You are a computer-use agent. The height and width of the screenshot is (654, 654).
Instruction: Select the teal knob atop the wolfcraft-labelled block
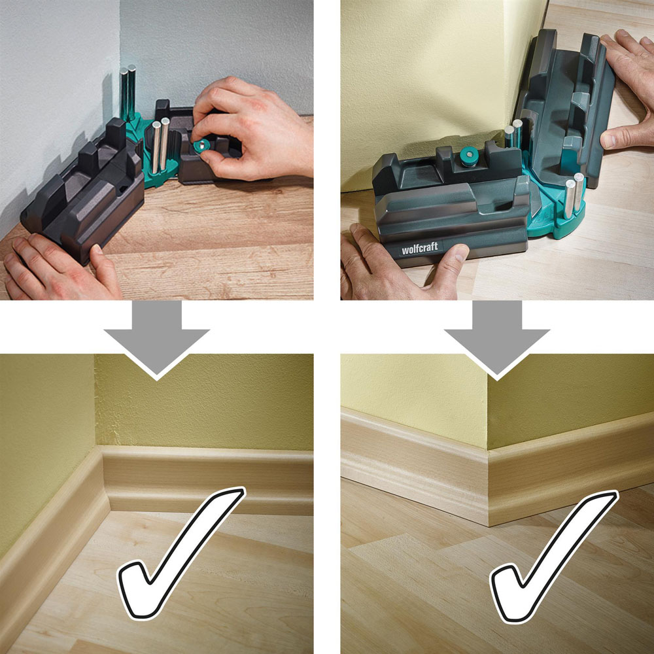[468, 156]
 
